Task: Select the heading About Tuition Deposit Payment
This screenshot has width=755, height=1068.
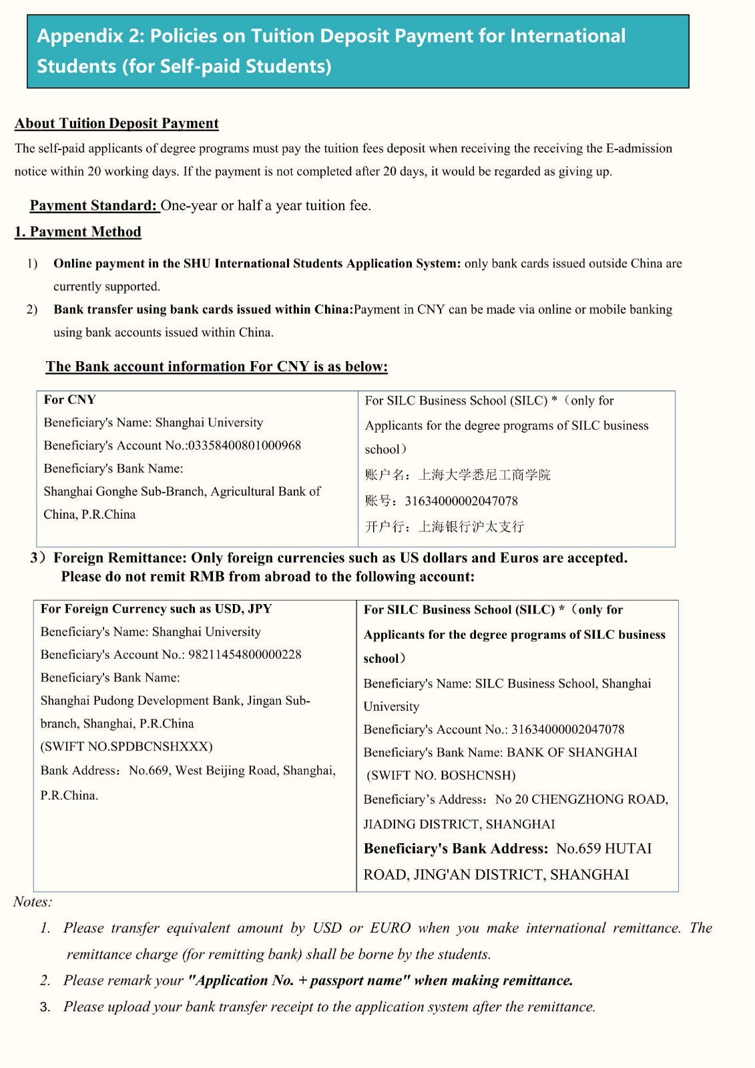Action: click(117, 123)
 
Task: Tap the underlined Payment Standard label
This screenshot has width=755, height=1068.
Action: click(93, 206)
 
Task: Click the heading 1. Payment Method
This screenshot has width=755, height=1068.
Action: click(78, 232)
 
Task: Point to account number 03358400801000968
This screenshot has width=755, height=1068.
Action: click(244, 445)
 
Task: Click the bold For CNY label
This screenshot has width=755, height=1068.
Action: click(70, 400)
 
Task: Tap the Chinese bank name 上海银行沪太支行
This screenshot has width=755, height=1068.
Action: click(471, 527)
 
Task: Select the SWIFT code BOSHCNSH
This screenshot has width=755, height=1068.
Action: click(478, 776)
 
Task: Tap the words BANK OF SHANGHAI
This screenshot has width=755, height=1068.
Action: click(572, 752)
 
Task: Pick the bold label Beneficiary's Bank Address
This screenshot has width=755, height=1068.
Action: click(456, 849)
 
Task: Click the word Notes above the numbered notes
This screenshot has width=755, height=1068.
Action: click(32, 902)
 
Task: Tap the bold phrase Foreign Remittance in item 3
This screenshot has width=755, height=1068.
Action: click(119, 558)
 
